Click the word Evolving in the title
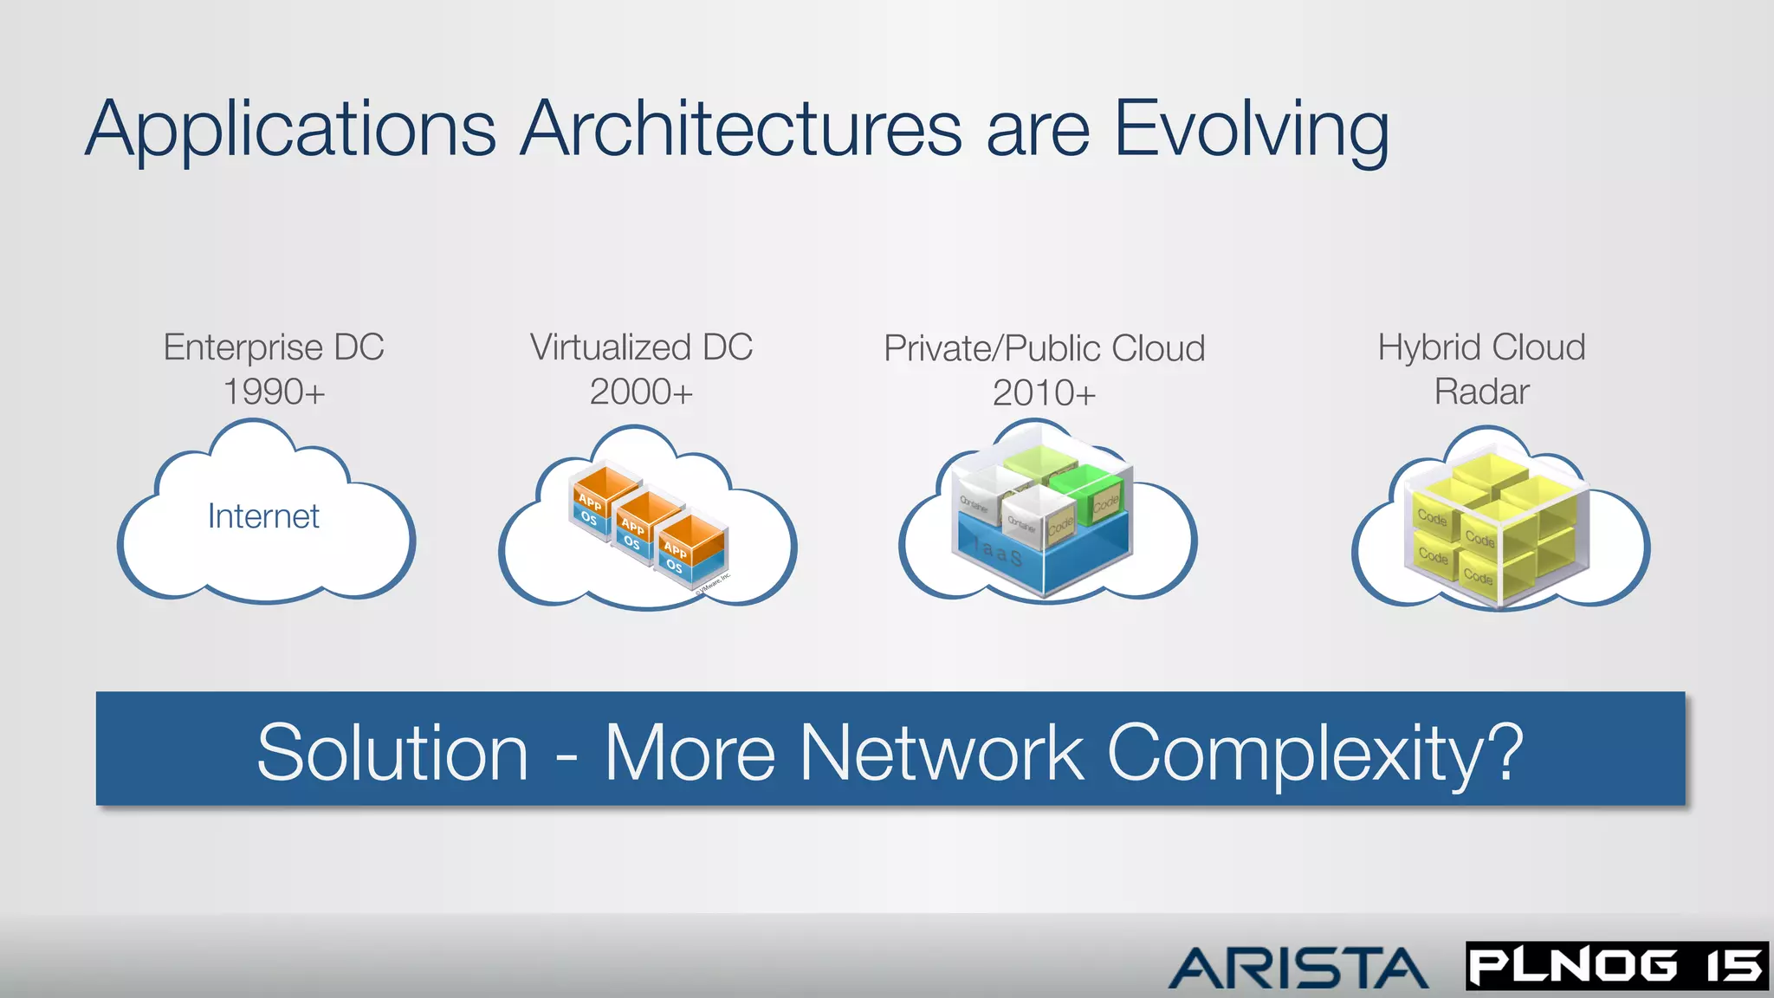click(x=1251, y=130)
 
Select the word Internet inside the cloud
click(x=263, y=516)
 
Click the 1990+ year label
click(x=274, y=392)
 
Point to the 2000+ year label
click(x=641, y=392)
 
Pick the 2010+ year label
click(x=1044, y=393)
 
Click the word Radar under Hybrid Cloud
click(x=1481, y=392)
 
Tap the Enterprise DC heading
click(x=274, y=347)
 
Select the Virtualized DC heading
click(x=641, y=347)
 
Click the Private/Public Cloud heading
click(x=1044, y=348)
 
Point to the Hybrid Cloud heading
click(x=1481, y=347)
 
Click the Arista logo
click(x=1298, y=968)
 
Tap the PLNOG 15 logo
click(x=1616, y=966)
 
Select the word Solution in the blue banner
click(x=392, y=753)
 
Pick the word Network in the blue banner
click(x=941, y=753)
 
